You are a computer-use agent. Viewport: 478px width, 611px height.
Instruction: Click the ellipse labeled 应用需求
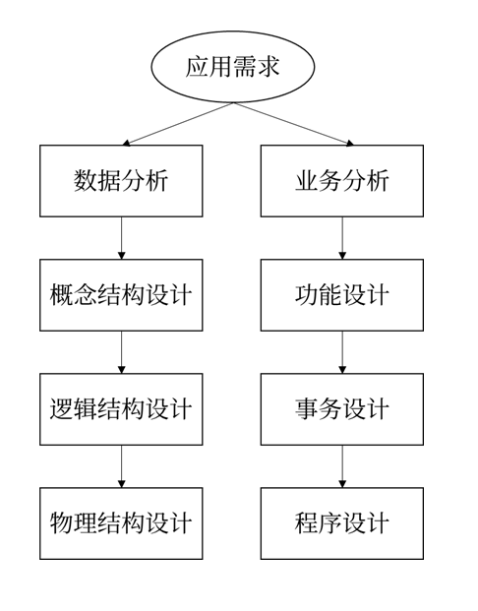[232, 67]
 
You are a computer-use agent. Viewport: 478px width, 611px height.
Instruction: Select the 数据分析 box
[121, 181]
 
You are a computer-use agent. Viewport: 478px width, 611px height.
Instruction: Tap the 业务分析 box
[342, 181]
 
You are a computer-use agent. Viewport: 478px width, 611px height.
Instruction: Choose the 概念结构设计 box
[121, 295]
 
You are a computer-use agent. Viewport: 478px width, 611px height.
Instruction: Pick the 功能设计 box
[342, 295]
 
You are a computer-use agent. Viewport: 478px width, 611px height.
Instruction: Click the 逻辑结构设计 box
[121, 409]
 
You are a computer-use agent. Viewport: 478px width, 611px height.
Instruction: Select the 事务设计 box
[342, 409]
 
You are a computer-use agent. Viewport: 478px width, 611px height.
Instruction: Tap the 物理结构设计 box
[121, 523]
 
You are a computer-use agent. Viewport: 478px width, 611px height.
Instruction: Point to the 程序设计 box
[342, 523]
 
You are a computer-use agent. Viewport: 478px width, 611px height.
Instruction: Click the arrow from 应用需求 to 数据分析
[178, 124]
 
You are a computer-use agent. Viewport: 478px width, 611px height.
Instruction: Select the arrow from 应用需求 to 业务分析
[293, 124]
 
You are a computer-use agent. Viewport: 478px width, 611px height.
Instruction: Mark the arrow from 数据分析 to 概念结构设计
[122, 238]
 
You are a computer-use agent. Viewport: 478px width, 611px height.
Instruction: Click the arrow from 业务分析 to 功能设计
[342, 238]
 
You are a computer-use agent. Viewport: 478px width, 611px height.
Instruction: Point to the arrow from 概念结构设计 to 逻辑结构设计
[122, 352]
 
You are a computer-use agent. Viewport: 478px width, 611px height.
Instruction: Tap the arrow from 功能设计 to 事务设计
[342, 352]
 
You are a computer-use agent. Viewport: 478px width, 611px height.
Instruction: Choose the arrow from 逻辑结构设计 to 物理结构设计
[122, 466]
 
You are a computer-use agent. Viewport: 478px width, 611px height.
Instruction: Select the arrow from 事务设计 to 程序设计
[342, 466]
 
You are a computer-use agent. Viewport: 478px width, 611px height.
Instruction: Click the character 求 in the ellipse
[269, 67]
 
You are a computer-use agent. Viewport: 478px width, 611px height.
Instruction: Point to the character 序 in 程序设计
[330, 522]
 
